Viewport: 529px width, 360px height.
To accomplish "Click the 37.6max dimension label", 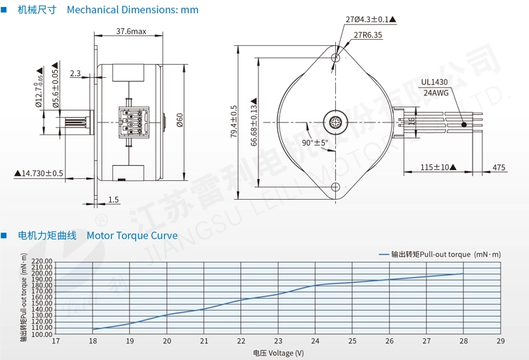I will tap(130, 31).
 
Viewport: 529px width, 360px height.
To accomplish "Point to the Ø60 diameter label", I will tap(179, 120).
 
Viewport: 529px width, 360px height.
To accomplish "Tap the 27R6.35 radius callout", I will tap(367, 36).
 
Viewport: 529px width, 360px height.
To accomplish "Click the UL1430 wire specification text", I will tap(435, 81).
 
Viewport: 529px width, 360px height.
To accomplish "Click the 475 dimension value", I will tap(499, 167).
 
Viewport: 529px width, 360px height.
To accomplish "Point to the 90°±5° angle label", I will tap(315, 143).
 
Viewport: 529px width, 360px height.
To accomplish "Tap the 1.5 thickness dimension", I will tap(113, 200).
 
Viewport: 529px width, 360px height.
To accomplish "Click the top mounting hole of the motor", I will tap(336, 57).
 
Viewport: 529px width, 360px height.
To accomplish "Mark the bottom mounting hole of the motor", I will tap(336, 187).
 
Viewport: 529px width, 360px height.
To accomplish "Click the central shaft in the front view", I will tap(336, 121).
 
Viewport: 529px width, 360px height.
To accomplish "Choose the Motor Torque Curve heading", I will tap(132, 235).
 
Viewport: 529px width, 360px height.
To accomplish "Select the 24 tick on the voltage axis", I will tap(315, 341).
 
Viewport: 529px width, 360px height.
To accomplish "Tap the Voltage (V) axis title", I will tap(278, 353).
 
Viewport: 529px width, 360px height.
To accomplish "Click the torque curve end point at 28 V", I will tap(463, 274).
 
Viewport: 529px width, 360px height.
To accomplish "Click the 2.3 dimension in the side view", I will tap(75, 73).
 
